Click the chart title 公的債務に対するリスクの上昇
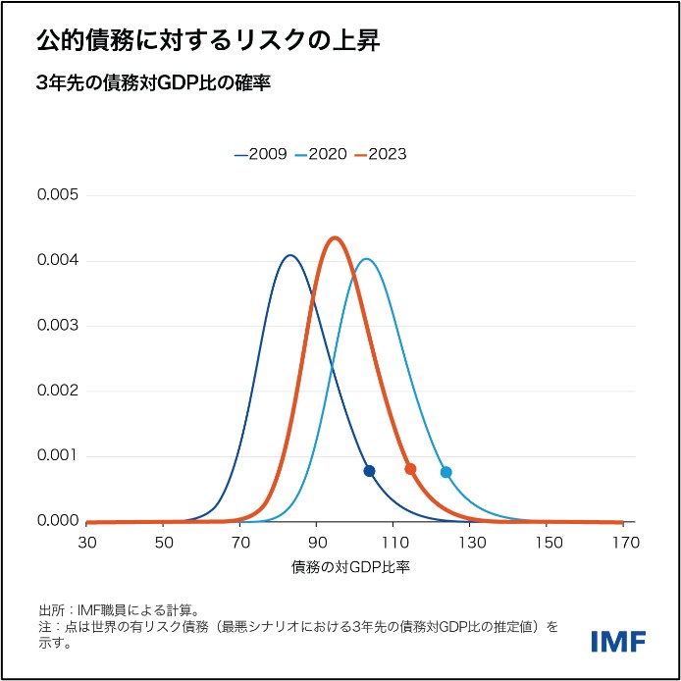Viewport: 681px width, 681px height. [207, 41]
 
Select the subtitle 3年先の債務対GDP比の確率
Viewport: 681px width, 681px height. [152, 83]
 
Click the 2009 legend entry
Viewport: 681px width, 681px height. [260, 154]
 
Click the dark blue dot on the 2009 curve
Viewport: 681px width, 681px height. [369, 471]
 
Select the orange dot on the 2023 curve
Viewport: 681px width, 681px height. [410, 469]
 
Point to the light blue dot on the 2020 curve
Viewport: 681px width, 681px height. [446, 472]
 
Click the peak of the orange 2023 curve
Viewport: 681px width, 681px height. [336, 237]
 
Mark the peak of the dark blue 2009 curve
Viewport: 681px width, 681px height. [289, 255]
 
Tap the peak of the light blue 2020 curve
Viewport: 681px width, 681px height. [366, 259]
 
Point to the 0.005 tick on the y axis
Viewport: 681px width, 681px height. [57, 195]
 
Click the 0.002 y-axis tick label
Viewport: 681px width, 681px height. [57, 391]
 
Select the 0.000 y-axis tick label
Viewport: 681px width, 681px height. [57, 521]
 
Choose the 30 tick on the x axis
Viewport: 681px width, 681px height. [86, 542]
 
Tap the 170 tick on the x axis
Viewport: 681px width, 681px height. [623, 542]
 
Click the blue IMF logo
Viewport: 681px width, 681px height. [618, 641]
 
